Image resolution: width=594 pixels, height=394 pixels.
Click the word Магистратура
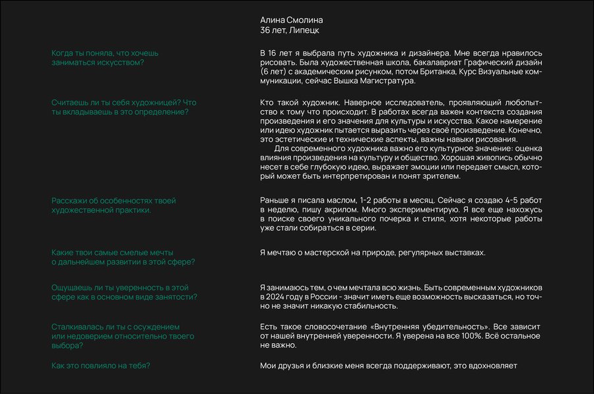(x=391, y=81)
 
